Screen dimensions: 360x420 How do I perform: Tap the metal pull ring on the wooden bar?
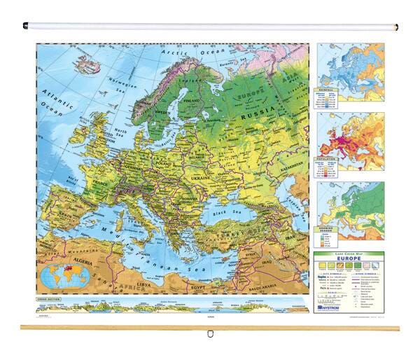pyautogui.click(x=209, y=333)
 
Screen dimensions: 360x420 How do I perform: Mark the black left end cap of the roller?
pyautogui.click(x=25, y=27)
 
